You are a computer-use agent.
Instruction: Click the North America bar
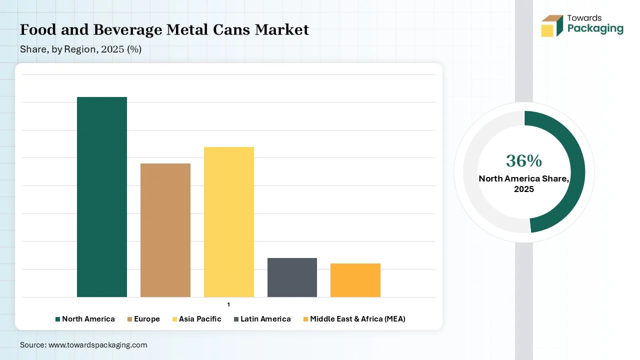coord(102,196)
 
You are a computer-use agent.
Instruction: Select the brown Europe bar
coord(165,230)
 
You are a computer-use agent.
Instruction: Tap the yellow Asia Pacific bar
coord(229,221)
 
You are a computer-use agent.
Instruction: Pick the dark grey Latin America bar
coord(292,277)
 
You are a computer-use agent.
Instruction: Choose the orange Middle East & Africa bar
coord(355,280)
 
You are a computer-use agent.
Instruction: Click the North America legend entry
coord(85,319)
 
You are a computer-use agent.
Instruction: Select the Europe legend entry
coord(143,319)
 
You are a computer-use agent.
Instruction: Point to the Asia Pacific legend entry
coord(196,319)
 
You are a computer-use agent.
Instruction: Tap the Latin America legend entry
coord(262,319)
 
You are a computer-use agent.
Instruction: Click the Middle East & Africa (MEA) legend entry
coord(354,319)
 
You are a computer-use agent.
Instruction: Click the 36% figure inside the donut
coord(523,161)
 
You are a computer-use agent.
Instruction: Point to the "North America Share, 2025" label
coord(524,183)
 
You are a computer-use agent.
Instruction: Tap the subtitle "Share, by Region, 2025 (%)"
coord(80,49)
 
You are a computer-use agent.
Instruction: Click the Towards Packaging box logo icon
coord(552,25)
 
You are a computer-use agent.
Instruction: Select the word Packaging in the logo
coord(595,29)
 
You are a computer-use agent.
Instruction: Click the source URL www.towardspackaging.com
coord(97,345)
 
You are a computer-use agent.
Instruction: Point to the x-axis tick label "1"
coord(228,304)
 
